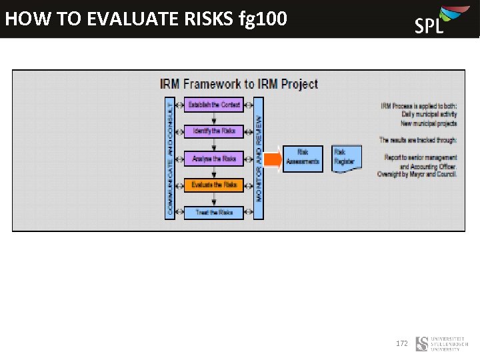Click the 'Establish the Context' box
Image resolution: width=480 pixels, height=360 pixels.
[214, 105]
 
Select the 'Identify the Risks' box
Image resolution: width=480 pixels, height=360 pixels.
[214, 131]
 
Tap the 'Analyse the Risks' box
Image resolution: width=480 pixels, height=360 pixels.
[214, 159]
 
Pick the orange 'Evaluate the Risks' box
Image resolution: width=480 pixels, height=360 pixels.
[214, 185]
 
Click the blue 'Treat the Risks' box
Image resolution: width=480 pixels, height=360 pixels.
[214, 212]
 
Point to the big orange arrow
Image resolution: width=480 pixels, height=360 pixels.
[271, 159]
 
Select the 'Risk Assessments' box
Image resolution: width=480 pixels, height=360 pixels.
[303, 159]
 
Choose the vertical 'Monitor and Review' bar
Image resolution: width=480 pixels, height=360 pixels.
[259, 158]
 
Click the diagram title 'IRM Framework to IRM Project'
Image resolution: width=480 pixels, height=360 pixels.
[239, 84]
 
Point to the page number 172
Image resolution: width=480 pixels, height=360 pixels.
[402, 343]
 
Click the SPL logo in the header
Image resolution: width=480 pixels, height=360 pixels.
[437, 19]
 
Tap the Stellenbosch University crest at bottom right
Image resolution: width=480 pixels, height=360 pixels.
[422, 344]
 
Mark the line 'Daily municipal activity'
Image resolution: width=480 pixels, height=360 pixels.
[429, 115]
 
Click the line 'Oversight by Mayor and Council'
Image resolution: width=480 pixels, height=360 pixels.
[417, 174]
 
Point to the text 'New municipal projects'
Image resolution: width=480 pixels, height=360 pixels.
[429, 123]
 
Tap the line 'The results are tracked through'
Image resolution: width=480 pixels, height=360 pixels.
[418, 140]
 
